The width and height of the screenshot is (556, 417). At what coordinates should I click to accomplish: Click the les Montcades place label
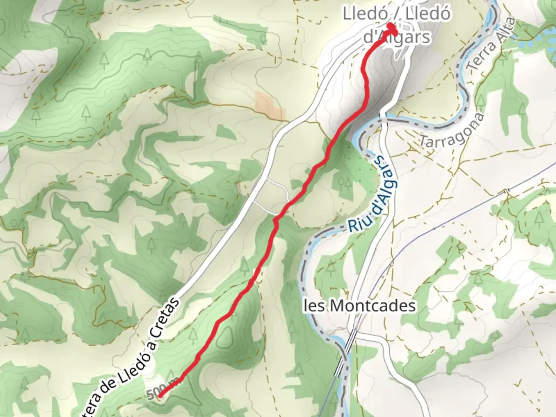coord(360,306)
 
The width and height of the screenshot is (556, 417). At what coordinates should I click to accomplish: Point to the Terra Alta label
coord(491,44)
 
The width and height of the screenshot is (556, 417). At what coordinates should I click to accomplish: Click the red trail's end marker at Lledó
coord(392,28)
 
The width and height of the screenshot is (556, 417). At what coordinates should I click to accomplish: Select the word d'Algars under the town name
coord(397,37)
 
